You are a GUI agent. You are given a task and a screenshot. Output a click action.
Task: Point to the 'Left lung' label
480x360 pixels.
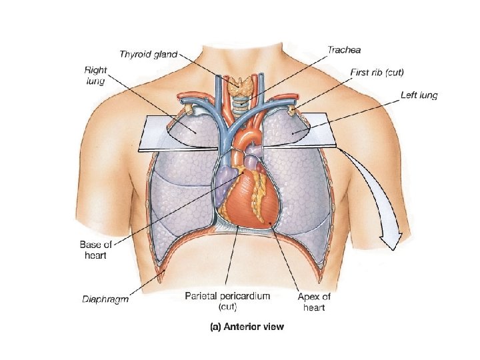[x=419, y=95]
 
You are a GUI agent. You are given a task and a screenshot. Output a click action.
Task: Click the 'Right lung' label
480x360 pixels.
[x=95, y=74]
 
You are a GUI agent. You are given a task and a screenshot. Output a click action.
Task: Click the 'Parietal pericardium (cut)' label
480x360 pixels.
[x=227, y=301]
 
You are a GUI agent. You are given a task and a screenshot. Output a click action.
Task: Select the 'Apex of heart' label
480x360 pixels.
[x=313, y=301]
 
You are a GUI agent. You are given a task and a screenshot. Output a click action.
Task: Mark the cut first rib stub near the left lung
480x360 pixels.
[x=291, y=108]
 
